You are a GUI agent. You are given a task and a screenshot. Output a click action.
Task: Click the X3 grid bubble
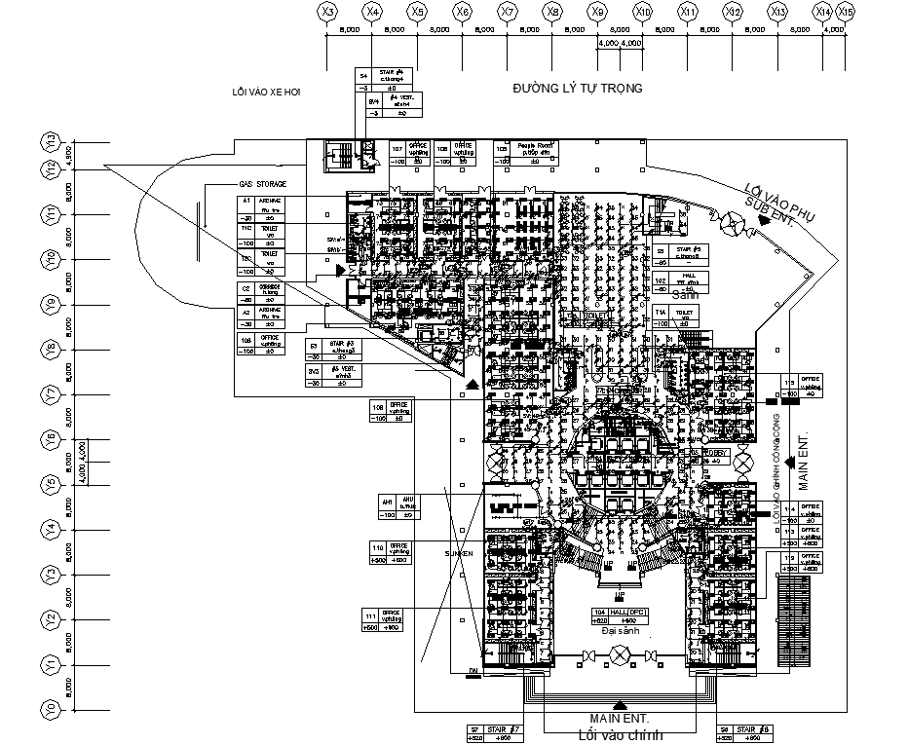[328, 12]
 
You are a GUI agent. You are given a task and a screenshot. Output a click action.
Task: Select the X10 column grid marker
[643, 12]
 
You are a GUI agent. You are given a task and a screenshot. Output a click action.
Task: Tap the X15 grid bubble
[845, 12]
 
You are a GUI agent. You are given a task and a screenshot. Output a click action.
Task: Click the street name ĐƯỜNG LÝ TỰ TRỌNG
[578, 89]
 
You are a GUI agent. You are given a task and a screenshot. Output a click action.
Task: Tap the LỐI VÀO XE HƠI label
[266, 93]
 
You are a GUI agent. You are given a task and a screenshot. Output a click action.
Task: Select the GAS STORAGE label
[263, 184]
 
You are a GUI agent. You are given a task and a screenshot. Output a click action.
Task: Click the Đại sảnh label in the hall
[620, 630]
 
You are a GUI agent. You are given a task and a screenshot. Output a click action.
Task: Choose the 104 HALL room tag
[620, 616]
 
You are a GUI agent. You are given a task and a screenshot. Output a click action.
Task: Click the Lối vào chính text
[620, 734]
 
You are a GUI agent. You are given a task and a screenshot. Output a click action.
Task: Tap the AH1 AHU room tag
[399, 506]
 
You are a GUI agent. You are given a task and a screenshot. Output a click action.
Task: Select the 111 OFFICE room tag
[382, 621]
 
